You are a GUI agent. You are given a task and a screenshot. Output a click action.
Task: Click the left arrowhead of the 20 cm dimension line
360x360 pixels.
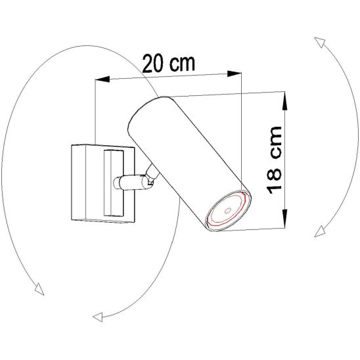100,79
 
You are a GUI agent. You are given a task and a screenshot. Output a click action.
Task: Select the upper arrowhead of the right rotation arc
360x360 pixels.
319,43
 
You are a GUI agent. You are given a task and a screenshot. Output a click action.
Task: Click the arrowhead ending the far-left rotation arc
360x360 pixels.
39,288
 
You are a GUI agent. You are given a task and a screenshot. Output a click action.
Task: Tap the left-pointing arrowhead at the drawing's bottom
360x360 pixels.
98,318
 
